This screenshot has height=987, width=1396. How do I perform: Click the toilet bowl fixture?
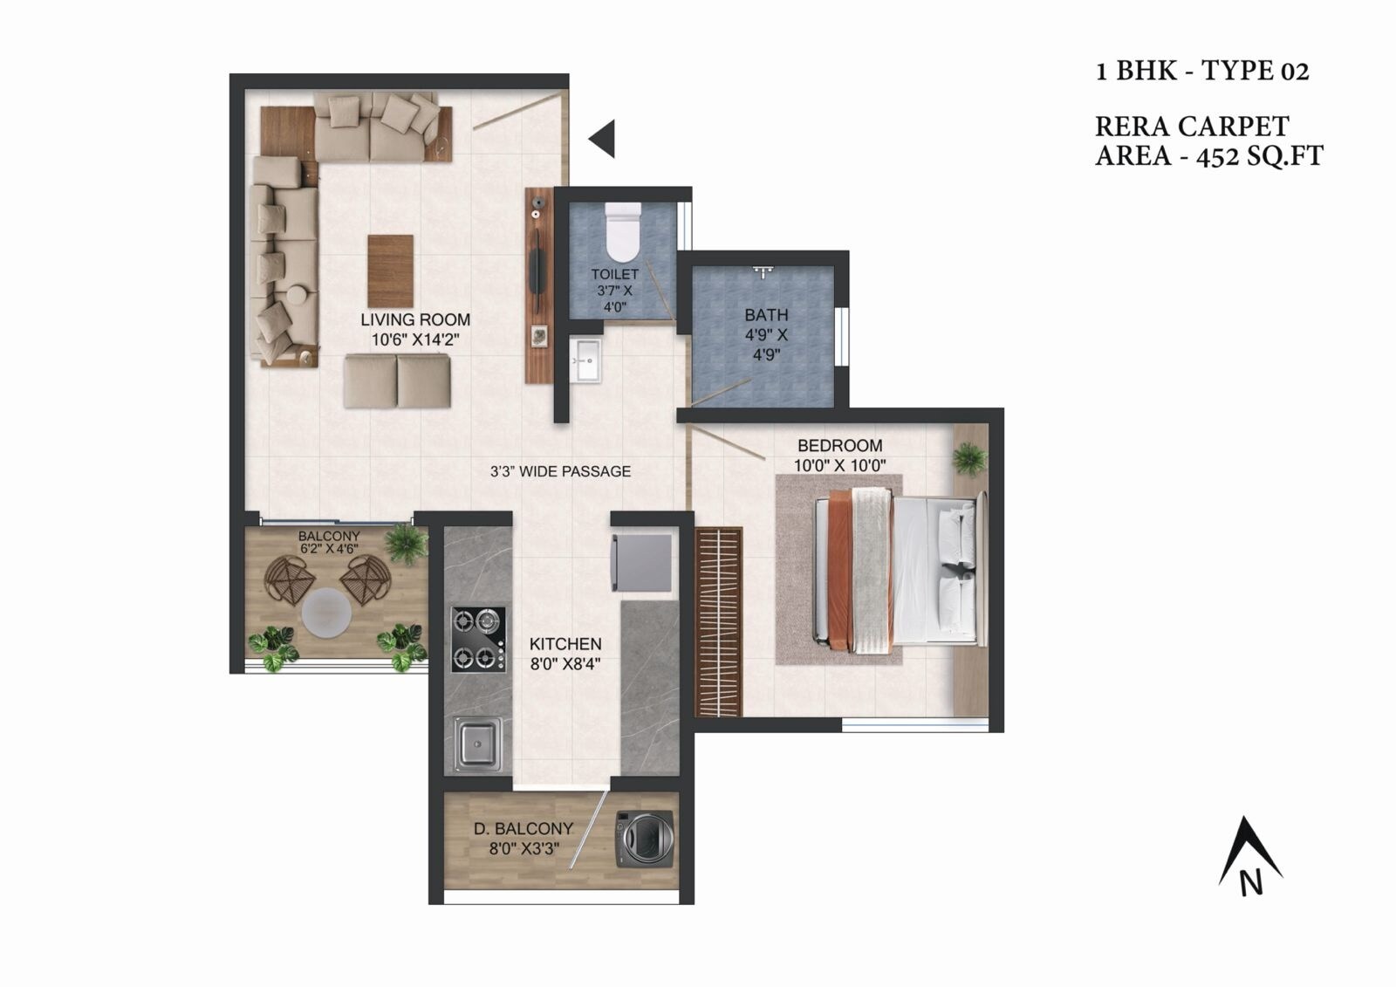(622, 233)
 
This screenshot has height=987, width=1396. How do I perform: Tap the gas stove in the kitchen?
(478, 639)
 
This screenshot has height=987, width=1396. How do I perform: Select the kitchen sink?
(477, 744)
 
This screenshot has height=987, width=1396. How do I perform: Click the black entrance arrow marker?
(602, 138)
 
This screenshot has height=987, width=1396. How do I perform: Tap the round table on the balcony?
(326, 613)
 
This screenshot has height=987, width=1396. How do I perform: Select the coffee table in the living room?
(390, 271)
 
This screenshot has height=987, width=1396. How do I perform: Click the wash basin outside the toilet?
(585, 360)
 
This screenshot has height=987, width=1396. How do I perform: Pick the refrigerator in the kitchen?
(642, 562)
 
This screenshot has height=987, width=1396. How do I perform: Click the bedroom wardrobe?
(718, 621)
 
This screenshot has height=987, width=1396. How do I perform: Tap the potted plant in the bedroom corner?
(968, 457)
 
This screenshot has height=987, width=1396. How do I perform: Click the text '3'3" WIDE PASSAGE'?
(560, 471)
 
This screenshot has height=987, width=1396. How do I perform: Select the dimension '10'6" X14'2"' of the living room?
(415, 339)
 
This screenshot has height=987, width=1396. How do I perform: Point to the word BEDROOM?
(839, 445)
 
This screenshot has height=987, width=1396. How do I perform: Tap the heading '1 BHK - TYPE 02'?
(1202, 71)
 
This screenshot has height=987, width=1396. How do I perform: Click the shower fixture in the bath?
(763, 271)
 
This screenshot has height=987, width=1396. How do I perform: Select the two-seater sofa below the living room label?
(397, 381)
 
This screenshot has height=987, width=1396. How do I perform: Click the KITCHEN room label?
(565, 644)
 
